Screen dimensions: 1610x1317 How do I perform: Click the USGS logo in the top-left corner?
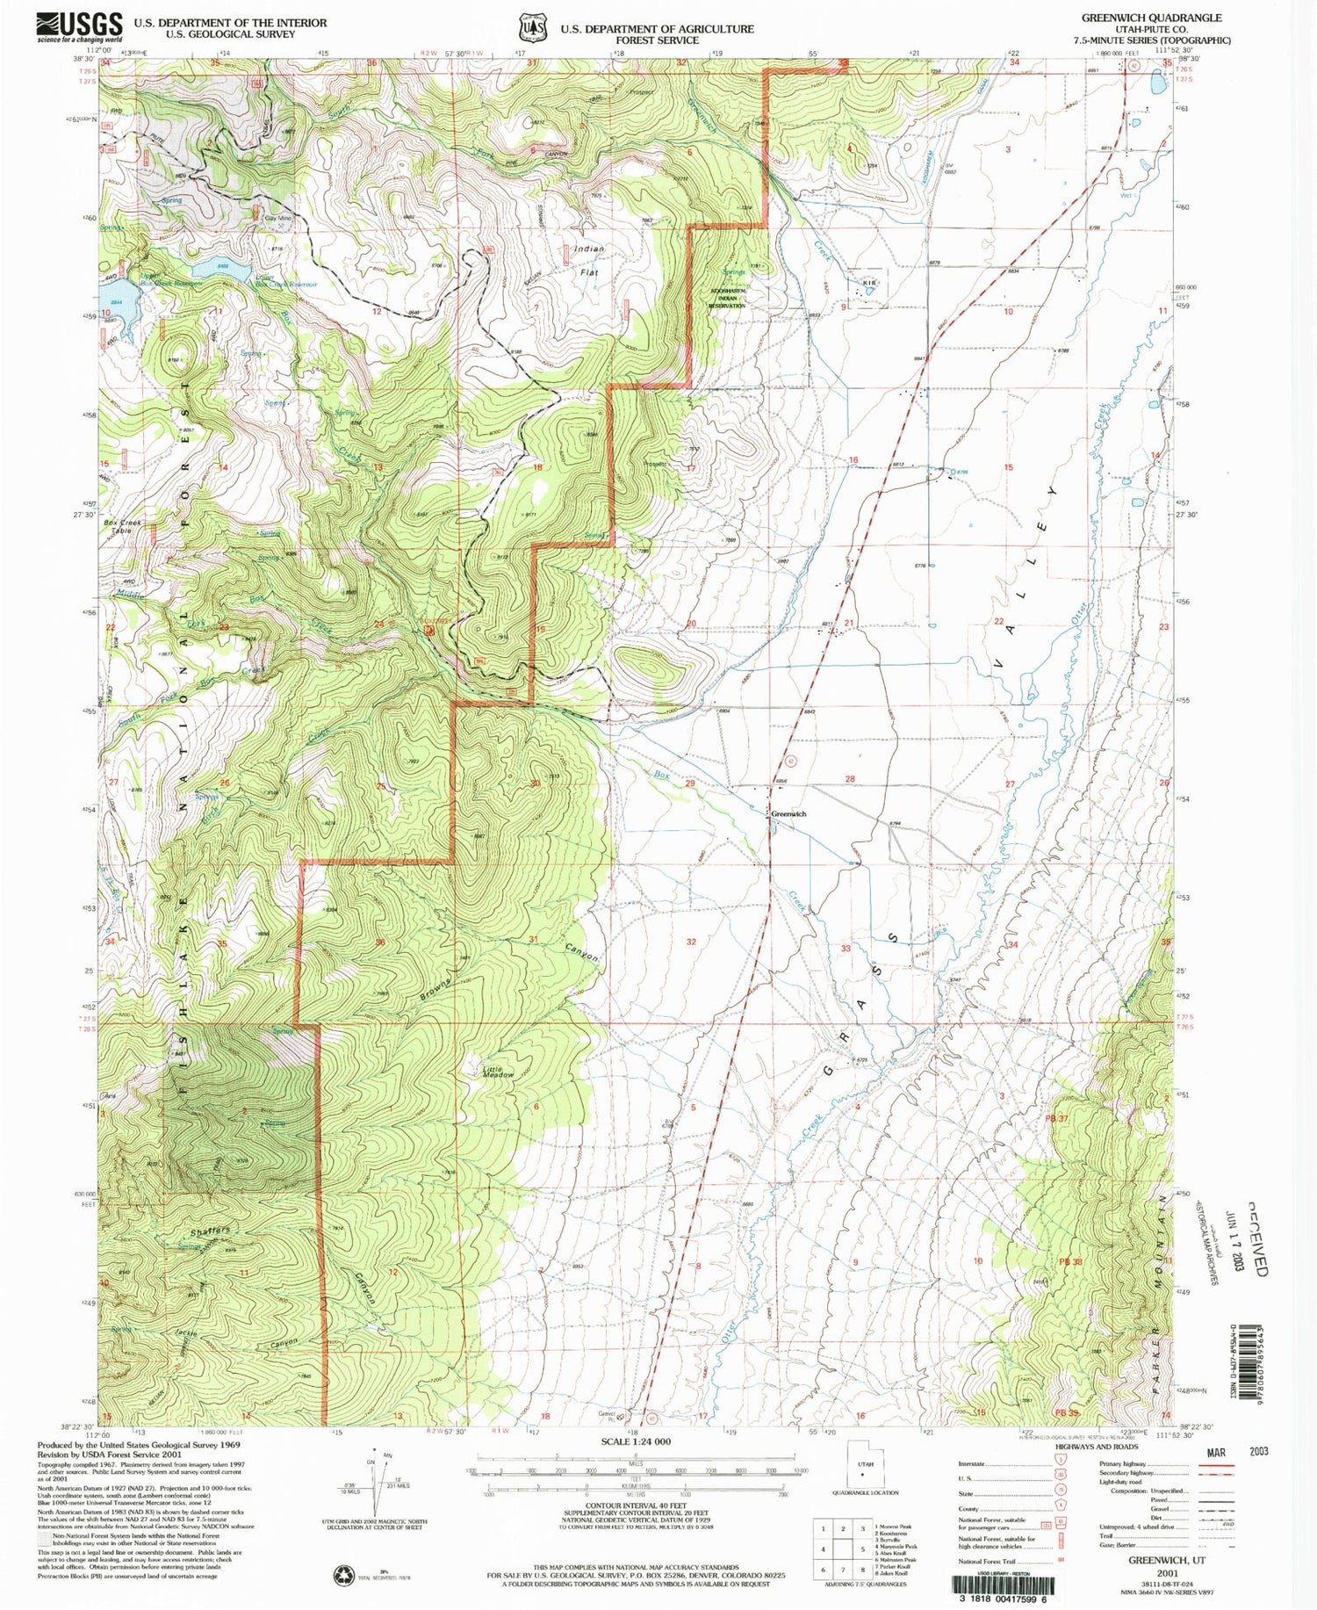pyautogui.click(x=80, y=27)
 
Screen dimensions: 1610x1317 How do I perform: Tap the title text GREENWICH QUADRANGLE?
pyautogui.click(x=1151, y=18)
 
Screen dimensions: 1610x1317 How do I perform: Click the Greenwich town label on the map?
pyautogui.click(x=788, y=814)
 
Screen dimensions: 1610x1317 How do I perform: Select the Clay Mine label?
pyautogui.click(x=277, y=217)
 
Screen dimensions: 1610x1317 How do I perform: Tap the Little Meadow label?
pyautogui.click(x=498, y=1072)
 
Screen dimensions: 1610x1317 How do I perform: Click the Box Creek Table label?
pyautogui.click(x=123, y=528)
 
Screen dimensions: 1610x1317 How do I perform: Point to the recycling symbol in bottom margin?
pyautogui.click(x=342, y=1576)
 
